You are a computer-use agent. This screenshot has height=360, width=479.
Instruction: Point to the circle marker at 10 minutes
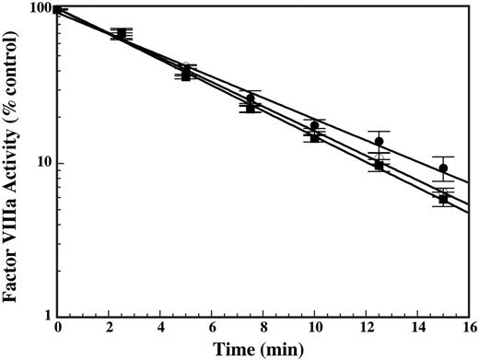[314, 125]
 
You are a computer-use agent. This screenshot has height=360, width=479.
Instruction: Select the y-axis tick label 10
[41, 163]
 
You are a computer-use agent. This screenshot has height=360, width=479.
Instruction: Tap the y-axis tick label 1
[45, 317]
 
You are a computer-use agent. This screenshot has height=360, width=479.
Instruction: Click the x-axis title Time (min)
[263, 350]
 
